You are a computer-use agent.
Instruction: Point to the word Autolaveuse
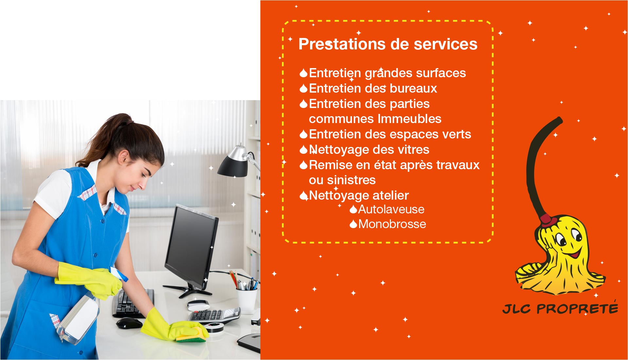click(391, 209)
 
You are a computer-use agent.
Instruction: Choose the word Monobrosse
click(392, 224)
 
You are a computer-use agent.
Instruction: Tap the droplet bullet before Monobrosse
click(353, 224)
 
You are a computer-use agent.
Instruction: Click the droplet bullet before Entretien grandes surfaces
click(304, 73)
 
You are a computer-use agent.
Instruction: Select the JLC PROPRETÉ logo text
click(560, 308)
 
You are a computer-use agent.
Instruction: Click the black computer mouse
click(129, 323)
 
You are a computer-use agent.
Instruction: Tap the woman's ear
click(124, 158)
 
